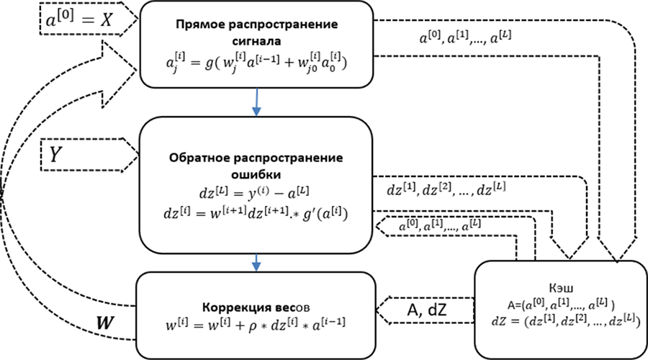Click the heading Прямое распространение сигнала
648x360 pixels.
point(257,32)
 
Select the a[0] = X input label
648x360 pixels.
point(80,21)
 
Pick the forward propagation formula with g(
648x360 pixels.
point(256,63)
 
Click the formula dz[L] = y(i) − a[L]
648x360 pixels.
point(256,195)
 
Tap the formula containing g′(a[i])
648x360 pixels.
point(257,214)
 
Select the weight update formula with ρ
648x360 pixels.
point(256,318)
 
